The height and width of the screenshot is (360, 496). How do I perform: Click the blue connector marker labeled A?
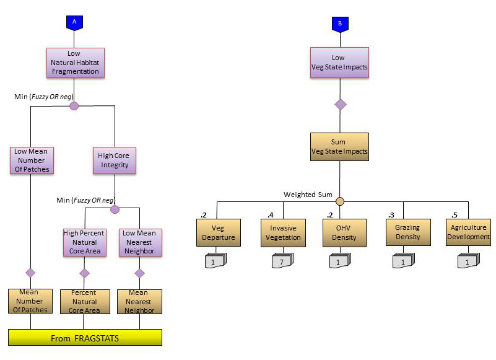tap(74, 22)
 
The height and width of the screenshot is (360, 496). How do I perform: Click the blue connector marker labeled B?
tap(340, 24)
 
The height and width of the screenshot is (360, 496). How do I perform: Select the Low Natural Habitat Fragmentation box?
tap(75, 63)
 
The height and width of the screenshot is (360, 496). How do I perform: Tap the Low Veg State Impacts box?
tap(340, 63)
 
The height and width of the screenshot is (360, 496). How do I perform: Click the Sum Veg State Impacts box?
tap(339, 147)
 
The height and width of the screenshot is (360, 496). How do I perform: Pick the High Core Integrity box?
tap(114, 160)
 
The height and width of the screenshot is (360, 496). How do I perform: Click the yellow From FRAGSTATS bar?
tap(85, 338)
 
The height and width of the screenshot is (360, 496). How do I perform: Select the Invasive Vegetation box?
tap(283, 233)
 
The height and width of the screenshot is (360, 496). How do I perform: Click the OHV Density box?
tap(339, 233)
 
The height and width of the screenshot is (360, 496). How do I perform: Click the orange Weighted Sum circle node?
tap(339, 201)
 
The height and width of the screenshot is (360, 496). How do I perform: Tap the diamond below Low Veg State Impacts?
tap(340, 104)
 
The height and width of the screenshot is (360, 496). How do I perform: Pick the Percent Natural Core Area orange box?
tap(84, 302)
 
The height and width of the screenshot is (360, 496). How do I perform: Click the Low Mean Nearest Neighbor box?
tap(140, 242)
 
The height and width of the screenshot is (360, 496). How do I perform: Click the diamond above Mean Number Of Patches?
tap(30, 273)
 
